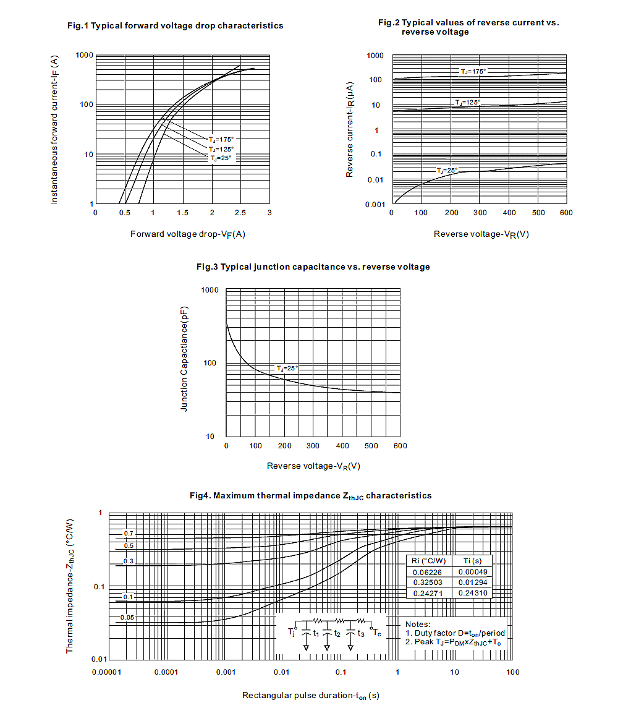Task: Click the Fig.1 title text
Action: pyautogui.click(x=176, y=26)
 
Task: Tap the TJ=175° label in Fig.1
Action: pyautogui.click(x=221, y=139)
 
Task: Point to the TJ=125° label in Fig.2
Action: pyautogui.click(x=468, y=102)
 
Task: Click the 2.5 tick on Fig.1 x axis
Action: pyautogui.click(x=240, y=213)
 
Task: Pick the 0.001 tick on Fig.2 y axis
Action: pyautogui.click(x=376, y=205)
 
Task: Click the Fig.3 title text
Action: pyautogui.click(x=313, y=267)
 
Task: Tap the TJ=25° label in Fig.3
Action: pyautogui.click(x=287, y=368)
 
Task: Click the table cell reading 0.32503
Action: pyautogui.click(x=428, y=582)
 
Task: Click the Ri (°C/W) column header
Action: pyautogui.click(x=428, y=561)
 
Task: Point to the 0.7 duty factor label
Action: pyautogui.click(x=128, y=533)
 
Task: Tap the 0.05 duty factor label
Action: pyautogui.click(x=127, y=618)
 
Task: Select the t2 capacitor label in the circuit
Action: pyautogui.click(x=337, y=633)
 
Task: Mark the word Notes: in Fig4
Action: pyautogui.click(x=418, y=625)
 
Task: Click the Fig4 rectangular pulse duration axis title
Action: pyautogui.click(x=311, y=696)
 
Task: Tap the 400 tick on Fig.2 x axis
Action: pyautogui.click(x=509, y=213)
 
